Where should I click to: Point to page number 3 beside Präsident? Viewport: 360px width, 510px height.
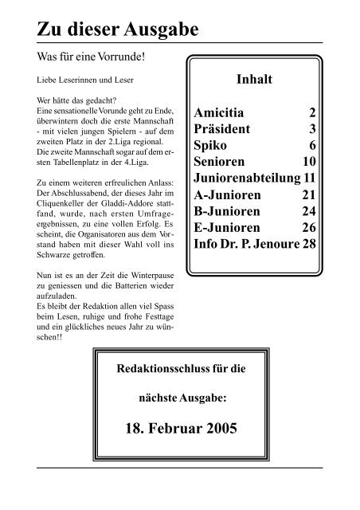312,128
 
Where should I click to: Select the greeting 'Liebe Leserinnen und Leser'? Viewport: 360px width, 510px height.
74,81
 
